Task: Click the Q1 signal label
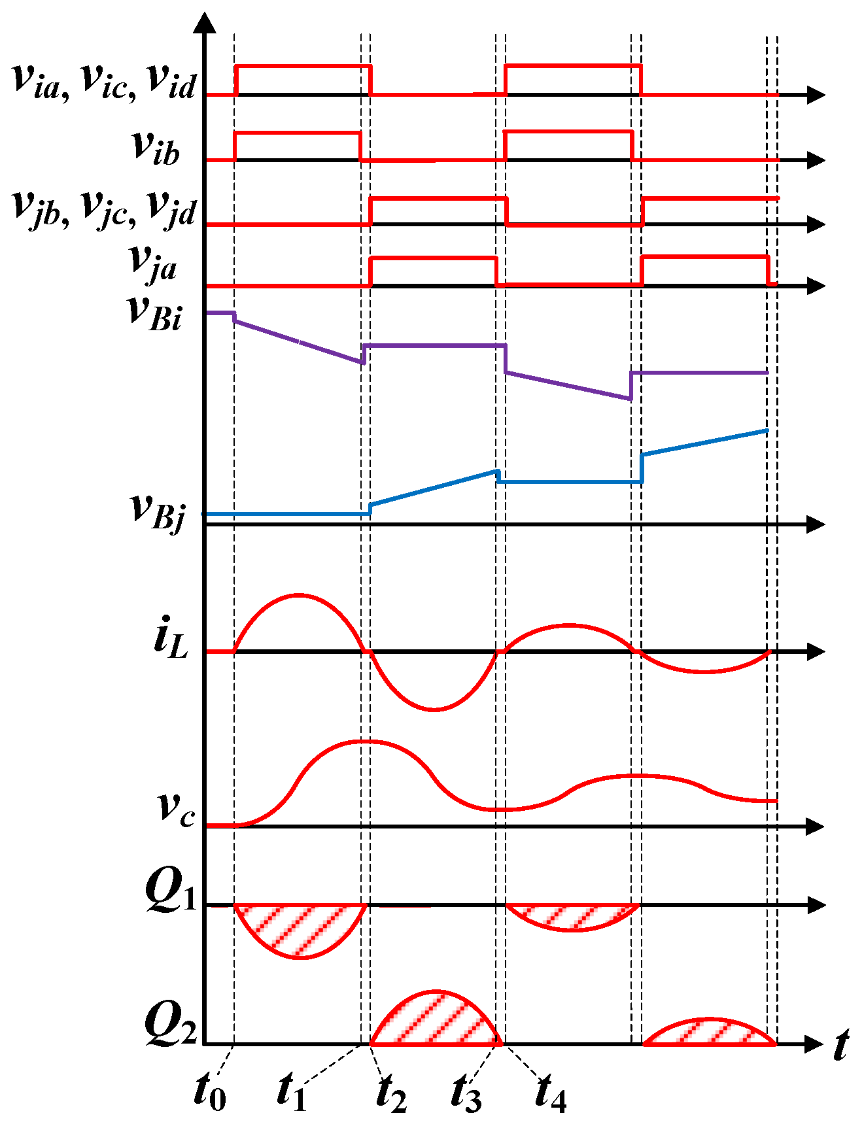tap(171, 891)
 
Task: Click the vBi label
tap(155, 313)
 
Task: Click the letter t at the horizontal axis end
tap(841, 1044)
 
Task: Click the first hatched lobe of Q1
tap(300, 929)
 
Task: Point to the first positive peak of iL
tap(299, 595)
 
